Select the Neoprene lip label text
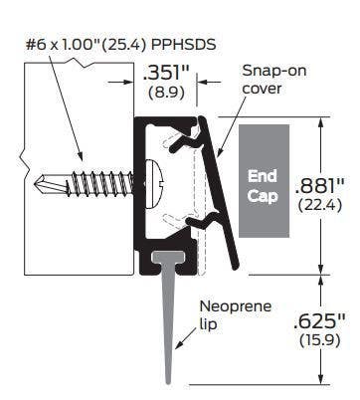click(232, 314)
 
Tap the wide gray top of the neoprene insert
click(172, 261)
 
